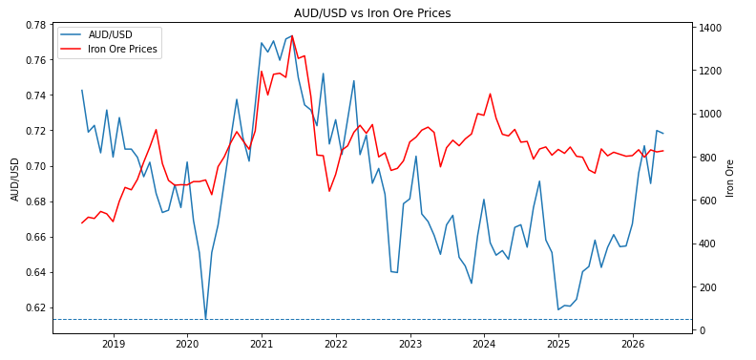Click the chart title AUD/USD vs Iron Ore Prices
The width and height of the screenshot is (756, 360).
(x=372, y=13)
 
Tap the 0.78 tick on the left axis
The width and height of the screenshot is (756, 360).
(x=37, y=25)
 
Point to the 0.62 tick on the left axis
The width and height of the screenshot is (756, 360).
(x=37, y=307)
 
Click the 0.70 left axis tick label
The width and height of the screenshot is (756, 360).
(x=37, y=166)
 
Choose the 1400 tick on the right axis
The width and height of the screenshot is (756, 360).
(x=707, y=28)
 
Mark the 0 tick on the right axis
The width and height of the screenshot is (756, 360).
(x=700, y=330)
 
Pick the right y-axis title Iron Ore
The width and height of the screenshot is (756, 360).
(x=729, y=179)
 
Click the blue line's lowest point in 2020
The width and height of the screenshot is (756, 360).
(x=205, y=319)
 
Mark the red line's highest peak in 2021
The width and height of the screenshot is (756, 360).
(x=292, y=35)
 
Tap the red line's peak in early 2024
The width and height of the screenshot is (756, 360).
(x=490, y=94)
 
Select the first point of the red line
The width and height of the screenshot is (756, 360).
(x=82, y=222)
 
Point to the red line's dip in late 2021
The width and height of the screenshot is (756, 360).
(x=329, y=191)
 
